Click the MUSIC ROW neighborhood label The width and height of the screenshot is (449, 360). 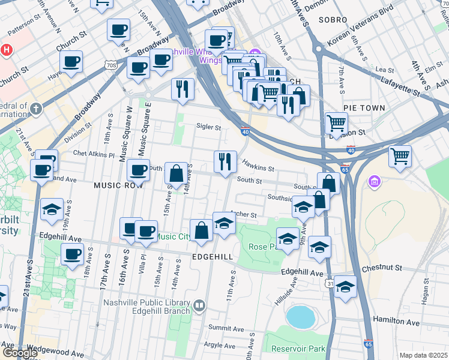coord(118,185)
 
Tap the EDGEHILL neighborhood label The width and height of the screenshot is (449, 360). coord(212,256)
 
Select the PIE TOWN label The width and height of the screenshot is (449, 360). coord(364,107)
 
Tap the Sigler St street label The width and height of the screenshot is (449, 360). coord(209,127)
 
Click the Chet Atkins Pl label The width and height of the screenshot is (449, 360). coord(94,154)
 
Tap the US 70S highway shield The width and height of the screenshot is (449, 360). coord(109,64)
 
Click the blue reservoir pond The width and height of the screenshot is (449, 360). coord(301,316)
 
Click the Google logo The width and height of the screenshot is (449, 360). coord(20,353)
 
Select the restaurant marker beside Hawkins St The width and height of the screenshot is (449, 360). coord(224,161)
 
